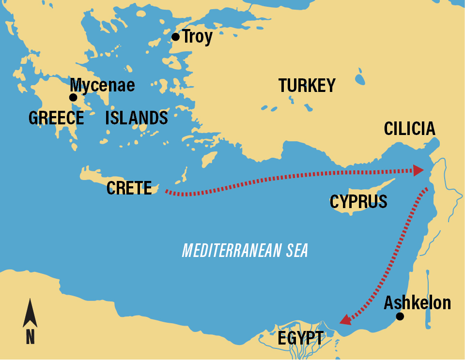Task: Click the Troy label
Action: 197,37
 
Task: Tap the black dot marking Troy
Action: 175,37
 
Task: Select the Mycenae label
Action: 103,85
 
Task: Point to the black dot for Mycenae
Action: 73,98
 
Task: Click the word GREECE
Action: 56,118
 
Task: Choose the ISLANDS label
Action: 137,118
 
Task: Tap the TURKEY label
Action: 307,86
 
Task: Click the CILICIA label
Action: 409,129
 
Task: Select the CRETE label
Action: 129,188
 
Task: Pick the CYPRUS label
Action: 358,201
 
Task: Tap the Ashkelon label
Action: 417,303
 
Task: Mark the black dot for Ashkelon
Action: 400,316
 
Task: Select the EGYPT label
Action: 300,338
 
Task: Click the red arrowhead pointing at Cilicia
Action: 418,170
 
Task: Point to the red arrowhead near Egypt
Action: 345,319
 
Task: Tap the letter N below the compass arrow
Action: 30,337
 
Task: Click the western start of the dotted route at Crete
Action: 167,192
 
